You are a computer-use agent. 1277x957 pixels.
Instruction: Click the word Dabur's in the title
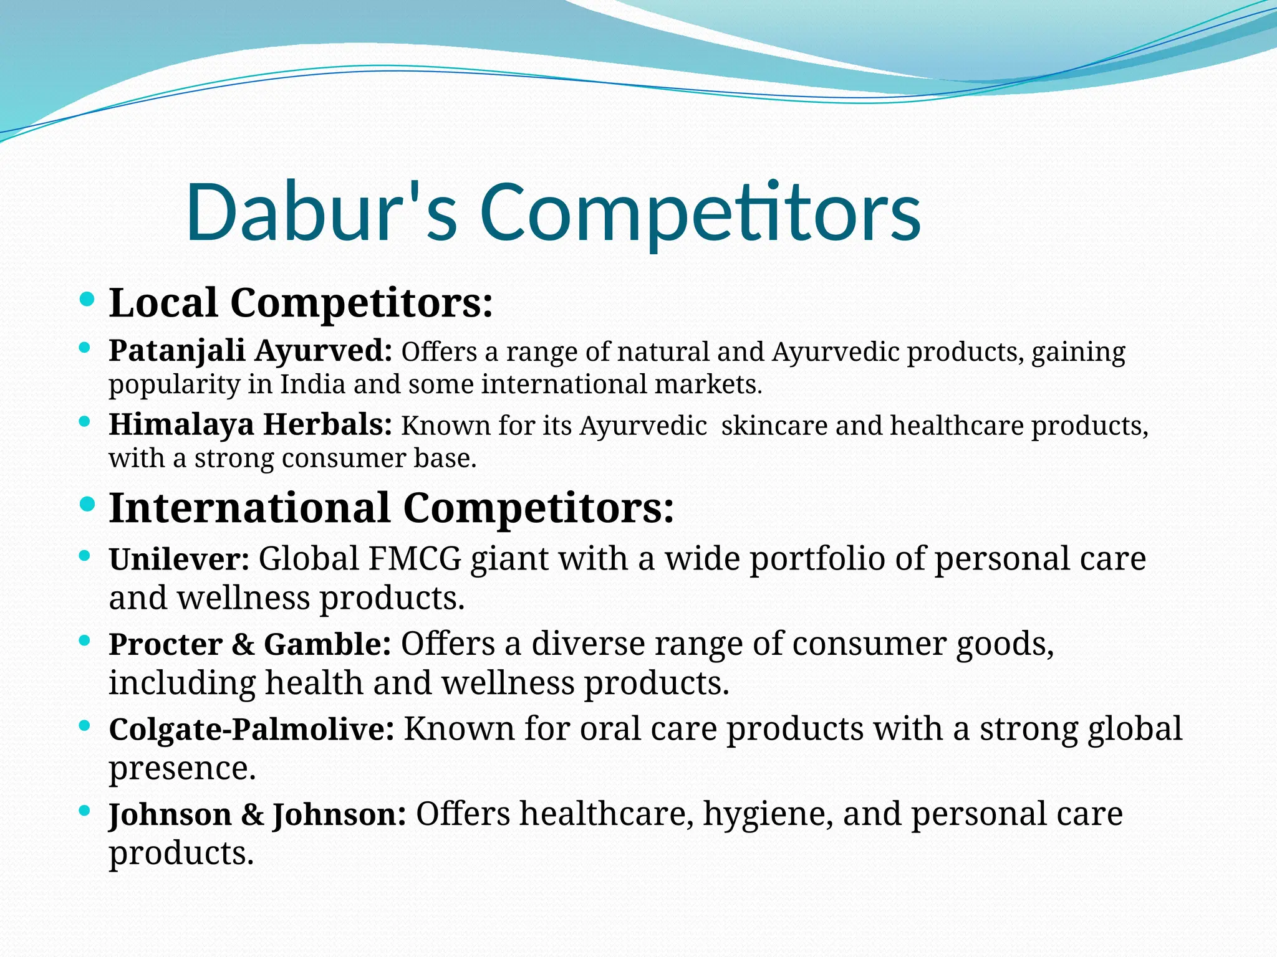pos(321,212)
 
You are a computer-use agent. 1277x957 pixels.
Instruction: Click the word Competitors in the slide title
pos(700,212)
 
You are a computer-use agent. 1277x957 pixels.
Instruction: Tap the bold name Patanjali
pos(176,351)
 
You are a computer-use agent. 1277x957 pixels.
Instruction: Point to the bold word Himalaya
pos(181,425)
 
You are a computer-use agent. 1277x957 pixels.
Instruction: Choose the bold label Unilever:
pos(179,559)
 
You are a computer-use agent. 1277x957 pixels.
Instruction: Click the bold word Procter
pos(165,644)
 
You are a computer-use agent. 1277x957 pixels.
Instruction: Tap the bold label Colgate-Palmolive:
pos(251,729)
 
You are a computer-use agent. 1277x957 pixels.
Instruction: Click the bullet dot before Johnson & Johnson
pos(85,811)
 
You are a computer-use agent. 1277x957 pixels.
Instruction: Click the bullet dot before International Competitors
pos(88,504)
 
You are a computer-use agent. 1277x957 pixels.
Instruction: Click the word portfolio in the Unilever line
pos(817,559)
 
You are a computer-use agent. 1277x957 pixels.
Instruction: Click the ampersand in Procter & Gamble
pos(243,644)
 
